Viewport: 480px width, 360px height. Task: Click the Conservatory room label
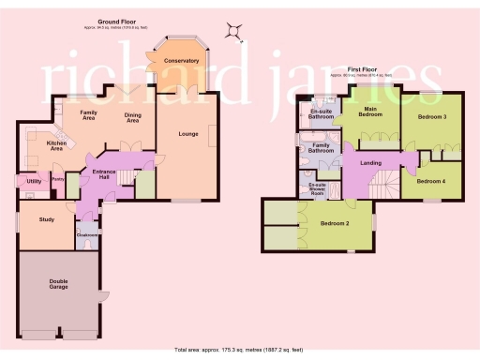(x=180, y=61)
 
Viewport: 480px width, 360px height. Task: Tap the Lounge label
(x=187, y=134)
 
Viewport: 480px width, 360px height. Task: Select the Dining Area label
(x=132, y=117)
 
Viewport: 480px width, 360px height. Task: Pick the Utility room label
(x=33, y=181)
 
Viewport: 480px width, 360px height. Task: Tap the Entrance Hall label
(x=103, y=174)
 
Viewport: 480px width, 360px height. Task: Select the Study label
(x=47, y=220)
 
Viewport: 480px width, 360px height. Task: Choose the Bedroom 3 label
(x=431, y=116)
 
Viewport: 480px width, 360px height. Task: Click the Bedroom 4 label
(x=431, y=181)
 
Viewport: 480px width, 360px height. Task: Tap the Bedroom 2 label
(x=334, y=224)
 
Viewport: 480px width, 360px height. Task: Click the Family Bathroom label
(x=321, y=147)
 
